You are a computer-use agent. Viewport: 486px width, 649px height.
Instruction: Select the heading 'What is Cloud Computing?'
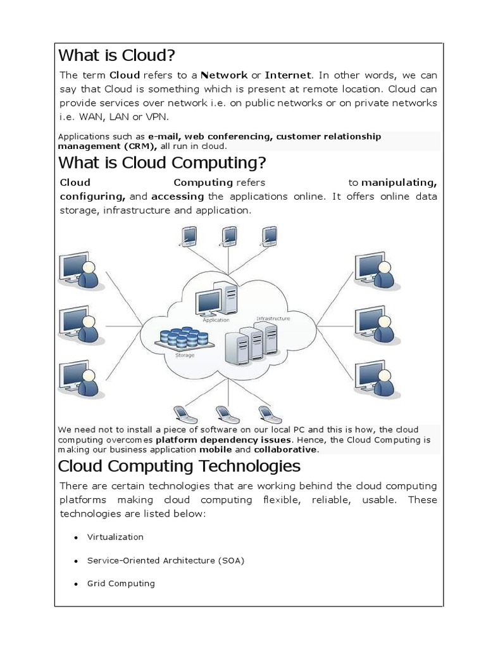click(161, 163)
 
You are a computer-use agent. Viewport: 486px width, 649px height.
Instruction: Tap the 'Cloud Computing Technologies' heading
click(178, 466)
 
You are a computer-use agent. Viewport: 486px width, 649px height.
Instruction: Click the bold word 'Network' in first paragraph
click(224, 75)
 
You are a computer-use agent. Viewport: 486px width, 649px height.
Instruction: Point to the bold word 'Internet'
click(287, 75)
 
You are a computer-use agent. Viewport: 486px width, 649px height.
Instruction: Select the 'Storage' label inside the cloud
click(184, 355)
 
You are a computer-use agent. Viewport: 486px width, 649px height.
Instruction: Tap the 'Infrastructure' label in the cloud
click(273, 318)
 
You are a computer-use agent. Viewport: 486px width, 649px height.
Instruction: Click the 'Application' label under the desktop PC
click(215, 320)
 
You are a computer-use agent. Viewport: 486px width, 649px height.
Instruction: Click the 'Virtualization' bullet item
click(115, 537)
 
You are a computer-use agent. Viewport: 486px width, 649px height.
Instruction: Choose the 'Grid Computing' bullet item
click(121, 583)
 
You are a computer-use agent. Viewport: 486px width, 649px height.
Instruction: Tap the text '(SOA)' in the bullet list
click(232, 560)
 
